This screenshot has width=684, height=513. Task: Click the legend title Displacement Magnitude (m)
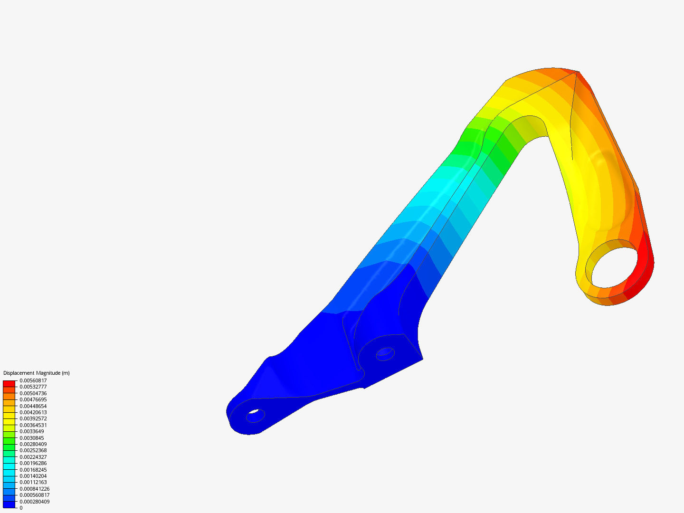tap(36, 373)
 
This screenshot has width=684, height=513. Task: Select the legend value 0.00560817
tap(33, 380)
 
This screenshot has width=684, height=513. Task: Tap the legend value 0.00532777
tap(33, 387)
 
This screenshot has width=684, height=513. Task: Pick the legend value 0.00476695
tap(33, 399)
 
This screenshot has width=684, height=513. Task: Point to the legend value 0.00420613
tap(33, 412)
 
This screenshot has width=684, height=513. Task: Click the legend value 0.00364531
tap(33, 425)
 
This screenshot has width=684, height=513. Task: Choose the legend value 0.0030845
tap(31, 438)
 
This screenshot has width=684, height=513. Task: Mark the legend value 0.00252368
tap(33, 450)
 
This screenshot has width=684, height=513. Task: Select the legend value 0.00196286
tap(33, 463)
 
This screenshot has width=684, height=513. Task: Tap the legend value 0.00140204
tap(33, 476)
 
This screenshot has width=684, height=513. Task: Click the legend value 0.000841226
tap(34, 489)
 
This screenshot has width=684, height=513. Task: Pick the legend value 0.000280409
tap(34, 502)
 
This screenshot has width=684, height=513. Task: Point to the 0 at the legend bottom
tap(21, 508)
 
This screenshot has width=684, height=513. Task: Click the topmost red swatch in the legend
tap(9, 384)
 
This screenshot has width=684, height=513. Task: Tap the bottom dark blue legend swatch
tap(9, 504)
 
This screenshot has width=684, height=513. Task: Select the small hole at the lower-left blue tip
tap(255, 416)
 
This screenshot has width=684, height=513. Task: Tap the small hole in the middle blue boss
tap(385, 353)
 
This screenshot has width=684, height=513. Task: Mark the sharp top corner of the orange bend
tap(577, 72)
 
